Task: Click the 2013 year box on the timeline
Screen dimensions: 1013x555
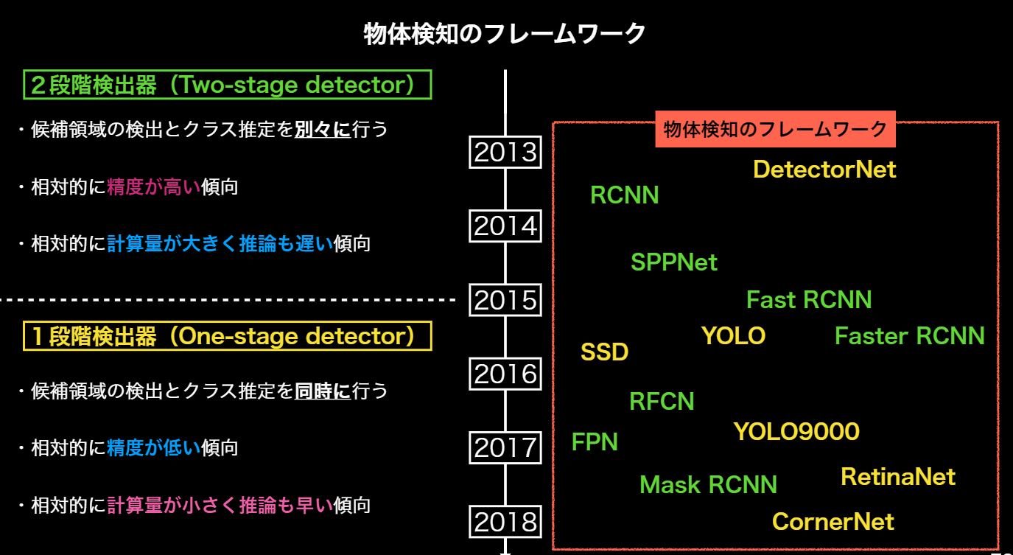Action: tap(505, 152)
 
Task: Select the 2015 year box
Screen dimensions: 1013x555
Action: tap(505, 300)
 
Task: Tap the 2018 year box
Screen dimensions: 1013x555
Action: tap(505, 522)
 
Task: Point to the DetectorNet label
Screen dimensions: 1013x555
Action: tap(824, 170)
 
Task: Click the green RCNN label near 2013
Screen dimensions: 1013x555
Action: tap(625, 195)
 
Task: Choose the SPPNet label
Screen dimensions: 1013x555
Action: tap(674, 262)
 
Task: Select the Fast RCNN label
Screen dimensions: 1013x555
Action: tap(809, 299)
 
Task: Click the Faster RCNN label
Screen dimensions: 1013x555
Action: tap(909, 335)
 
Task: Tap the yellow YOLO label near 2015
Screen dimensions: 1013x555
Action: tap(733, 335)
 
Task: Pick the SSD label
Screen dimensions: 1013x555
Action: tap(605, 352)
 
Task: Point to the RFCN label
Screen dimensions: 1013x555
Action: tap(662, 401)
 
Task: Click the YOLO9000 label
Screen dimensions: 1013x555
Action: tap(796, 431)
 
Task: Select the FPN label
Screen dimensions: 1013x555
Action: tap(595, 441)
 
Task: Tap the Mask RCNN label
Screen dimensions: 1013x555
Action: tap(708, 484)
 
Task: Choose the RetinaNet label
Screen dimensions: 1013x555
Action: tap(898, 477)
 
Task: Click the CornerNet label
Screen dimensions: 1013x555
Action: tap(833, 522)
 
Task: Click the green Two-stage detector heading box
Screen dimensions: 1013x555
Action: tap(227, 85)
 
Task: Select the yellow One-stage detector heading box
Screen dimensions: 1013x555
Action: tap(227, 336)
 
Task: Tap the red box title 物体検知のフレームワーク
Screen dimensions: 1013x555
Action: tap(775, 129)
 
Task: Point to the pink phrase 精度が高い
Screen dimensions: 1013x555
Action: tap(153, 186)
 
